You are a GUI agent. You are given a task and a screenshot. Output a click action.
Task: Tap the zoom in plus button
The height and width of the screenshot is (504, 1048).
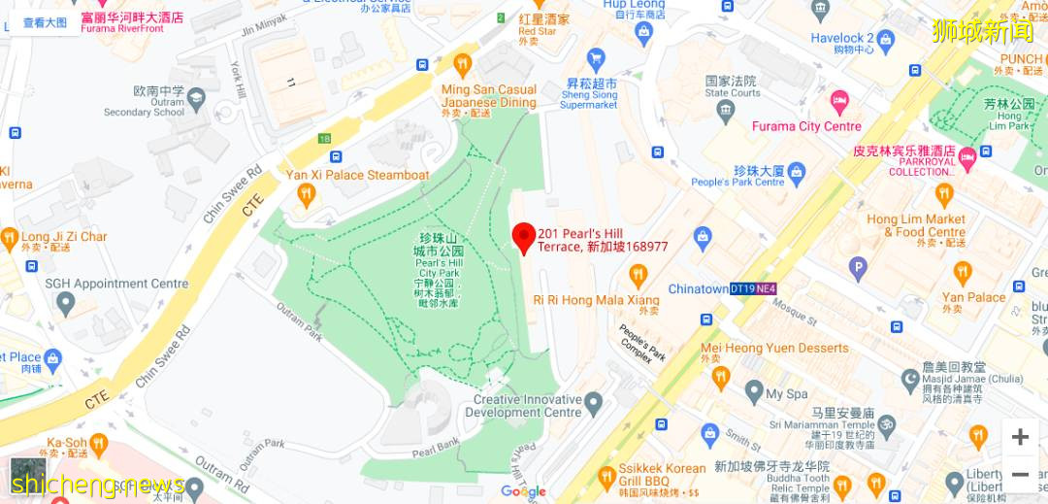(x=1020, y=437)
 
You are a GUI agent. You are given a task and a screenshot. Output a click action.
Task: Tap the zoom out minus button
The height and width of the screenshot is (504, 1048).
(x=1020, y=475)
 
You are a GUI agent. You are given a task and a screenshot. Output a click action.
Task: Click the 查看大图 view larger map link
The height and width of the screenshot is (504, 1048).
(x=46, y=21)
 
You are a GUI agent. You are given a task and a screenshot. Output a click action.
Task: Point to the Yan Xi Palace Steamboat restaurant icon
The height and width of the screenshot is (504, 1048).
(x=307, y=195)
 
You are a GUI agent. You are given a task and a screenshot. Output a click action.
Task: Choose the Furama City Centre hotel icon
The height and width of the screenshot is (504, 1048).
(x=838, y=100)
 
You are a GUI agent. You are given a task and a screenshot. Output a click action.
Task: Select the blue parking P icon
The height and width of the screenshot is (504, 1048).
(x=858, y=268)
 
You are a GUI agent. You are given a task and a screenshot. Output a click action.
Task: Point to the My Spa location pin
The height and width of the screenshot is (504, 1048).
(x=754, y=392)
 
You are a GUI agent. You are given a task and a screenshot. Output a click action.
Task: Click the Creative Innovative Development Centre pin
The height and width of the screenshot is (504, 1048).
(x=594, y=400)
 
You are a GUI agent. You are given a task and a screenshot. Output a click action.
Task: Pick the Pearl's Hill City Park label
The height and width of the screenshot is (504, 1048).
(x=439, y=268)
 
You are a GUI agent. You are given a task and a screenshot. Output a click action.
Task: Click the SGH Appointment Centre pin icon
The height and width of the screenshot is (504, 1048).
(x=65, y=304)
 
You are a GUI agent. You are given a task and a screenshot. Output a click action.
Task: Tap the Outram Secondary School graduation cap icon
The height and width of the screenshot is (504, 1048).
(x=196, y=98)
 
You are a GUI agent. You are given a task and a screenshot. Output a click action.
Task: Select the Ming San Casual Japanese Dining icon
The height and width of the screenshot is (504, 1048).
(x=462, y=65)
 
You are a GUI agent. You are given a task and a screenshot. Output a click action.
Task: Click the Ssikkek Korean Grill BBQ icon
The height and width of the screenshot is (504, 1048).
(x=606, y=475)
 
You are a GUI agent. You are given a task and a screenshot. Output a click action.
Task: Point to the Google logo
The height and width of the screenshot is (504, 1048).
(x=523, y=491)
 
